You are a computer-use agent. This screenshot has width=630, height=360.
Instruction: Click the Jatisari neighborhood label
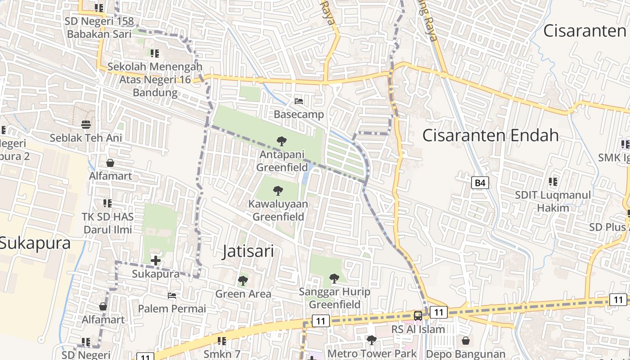pyautogui.click(x=248, y=251)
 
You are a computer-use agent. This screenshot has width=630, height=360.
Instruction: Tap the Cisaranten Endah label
pyautogui.click(x=490, y=135)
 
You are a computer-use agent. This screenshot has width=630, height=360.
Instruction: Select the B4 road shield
pyautogui.click(x=480, y=183)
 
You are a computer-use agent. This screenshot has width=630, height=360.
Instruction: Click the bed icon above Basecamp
pyautogui.click(x=299, y=101)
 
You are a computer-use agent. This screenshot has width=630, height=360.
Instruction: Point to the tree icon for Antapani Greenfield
pyautogui.click(x=282, y=141)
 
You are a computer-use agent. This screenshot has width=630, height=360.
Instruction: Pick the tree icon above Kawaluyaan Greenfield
pyautogui.click(x=278, y=191)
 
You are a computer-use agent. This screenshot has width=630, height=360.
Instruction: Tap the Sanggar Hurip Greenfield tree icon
pyautogui.click(x=334, y=279)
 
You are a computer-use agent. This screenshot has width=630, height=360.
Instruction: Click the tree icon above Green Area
pyautogui.click(x=243, y=281)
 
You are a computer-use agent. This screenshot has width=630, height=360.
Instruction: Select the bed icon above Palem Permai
pyautogui.click(x=172, y=296)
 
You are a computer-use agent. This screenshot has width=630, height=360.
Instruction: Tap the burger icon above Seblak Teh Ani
pyautogui.click(x=86, y=124)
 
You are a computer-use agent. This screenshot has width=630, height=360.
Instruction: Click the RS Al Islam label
pyautogui.click(x=418, y=329)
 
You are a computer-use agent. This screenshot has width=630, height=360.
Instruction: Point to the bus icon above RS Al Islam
pyautogui.click(x=418, y=315)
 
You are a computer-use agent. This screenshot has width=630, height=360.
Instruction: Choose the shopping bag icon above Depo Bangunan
pyautogui.click(x=465, y=341)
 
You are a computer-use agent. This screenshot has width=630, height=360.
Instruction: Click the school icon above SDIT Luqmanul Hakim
pyautogui.click(x=553, y=182)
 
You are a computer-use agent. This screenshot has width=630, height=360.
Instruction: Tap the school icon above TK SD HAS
pyautogui.click(x=107, y=203)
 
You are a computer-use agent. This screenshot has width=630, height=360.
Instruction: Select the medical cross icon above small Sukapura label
pyautogui.click(x=156, y=260)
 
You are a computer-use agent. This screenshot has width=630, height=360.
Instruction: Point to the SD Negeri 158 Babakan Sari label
pyautogui.click(x=99, y=27)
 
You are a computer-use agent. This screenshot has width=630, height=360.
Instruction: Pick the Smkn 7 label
pyautogui.click(x=222, y=353)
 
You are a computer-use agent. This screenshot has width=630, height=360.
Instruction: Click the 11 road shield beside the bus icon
pyautogui.click(x=438, y=312)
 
